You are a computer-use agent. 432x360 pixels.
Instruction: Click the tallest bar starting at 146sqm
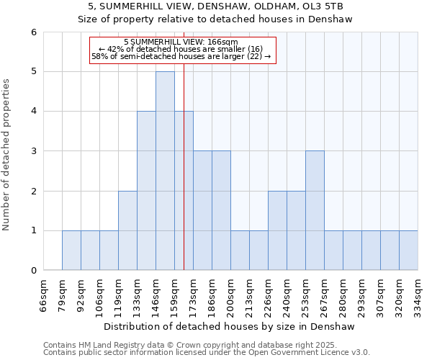pos(165,171)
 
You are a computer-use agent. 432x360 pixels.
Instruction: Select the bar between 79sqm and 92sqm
pos(71,251)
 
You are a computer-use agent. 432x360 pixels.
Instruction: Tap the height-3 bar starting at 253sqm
pos(315,210)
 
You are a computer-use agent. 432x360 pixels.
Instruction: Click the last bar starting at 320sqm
pos(408,251)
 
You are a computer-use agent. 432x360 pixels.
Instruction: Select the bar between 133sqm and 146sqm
pos(146,191)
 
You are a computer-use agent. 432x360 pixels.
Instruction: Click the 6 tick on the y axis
pos(33,32)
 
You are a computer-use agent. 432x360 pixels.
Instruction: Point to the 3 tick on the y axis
pos(33,151)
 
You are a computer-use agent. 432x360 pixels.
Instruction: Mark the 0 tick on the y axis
pos(33,271)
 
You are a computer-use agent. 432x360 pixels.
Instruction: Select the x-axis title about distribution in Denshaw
pos(230,326)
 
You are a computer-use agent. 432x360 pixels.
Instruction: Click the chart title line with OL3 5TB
pos(215,6)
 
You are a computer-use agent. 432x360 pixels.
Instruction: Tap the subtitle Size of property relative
pos(215,19)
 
